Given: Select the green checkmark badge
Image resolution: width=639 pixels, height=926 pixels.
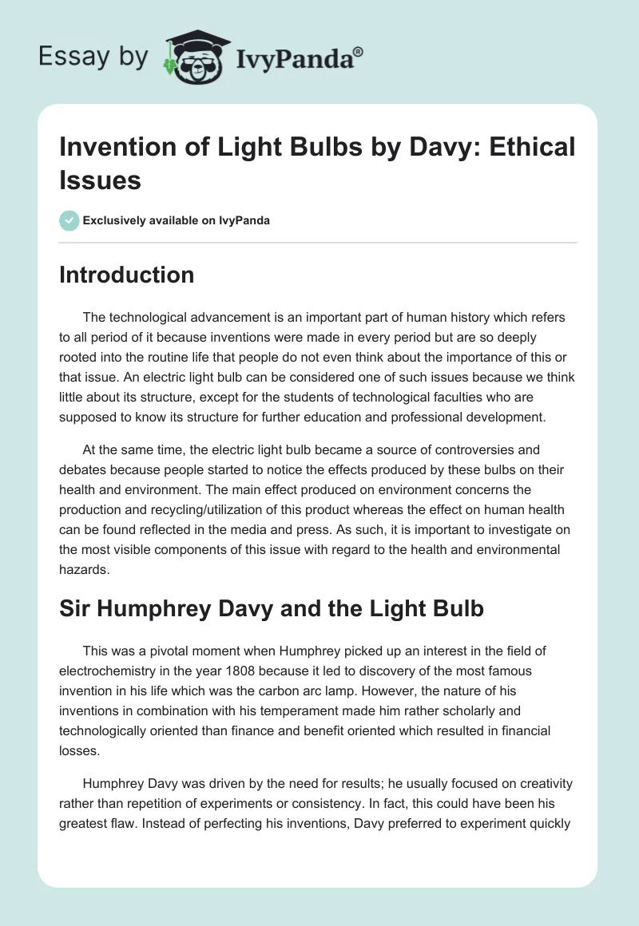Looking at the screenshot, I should tap(69, 221).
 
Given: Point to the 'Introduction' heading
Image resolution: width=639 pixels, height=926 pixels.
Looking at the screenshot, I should tap(127, 275).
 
